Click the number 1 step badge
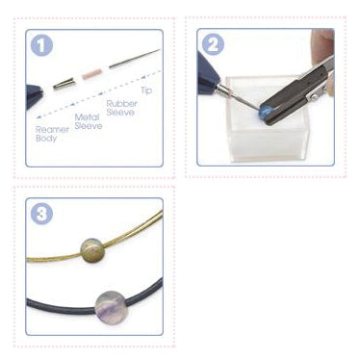(41, 45)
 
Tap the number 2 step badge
(213, 44)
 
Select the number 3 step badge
(41, 214)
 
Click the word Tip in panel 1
(146, 90)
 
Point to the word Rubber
(121, 104)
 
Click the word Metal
(86, 117)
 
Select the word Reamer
(52, 130)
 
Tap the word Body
(46, 139)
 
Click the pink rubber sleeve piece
(91, 74)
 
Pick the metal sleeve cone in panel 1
(64, 85)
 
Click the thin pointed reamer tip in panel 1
(135, 59)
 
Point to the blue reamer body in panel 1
(34, 95)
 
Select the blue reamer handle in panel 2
(209, 75)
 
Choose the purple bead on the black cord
(112, 305)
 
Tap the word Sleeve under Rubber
(120, 113)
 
